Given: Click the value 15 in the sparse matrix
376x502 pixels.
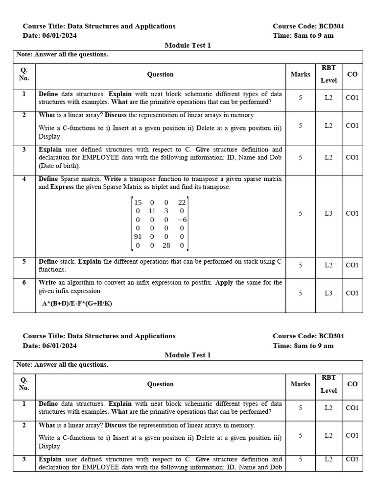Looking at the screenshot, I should tap(138, 202).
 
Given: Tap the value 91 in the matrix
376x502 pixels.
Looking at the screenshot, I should tap(138, 237).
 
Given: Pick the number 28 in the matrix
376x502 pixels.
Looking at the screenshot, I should tap(166, 245).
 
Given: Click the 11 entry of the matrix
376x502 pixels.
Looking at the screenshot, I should tap(152, 211).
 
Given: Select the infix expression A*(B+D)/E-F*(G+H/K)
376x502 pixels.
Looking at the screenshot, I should tap(77, 303).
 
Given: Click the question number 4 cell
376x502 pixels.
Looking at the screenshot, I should tap(24, 179).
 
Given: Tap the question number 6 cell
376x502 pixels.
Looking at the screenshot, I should tap(24, 282).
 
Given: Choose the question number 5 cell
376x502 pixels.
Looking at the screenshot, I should tap(24, 261).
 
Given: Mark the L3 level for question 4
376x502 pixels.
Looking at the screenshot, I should tap(329, 213).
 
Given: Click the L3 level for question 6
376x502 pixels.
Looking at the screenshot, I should tap(329, 293).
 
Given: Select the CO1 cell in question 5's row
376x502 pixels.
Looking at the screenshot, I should tap(352, 265).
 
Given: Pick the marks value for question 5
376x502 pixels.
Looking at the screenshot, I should tap(301, 265).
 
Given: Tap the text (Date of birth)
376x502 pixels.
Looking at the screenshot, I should tap(59, 166).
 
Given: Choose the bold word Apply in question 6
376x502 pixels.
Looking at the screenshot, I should tap(224, 282).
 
